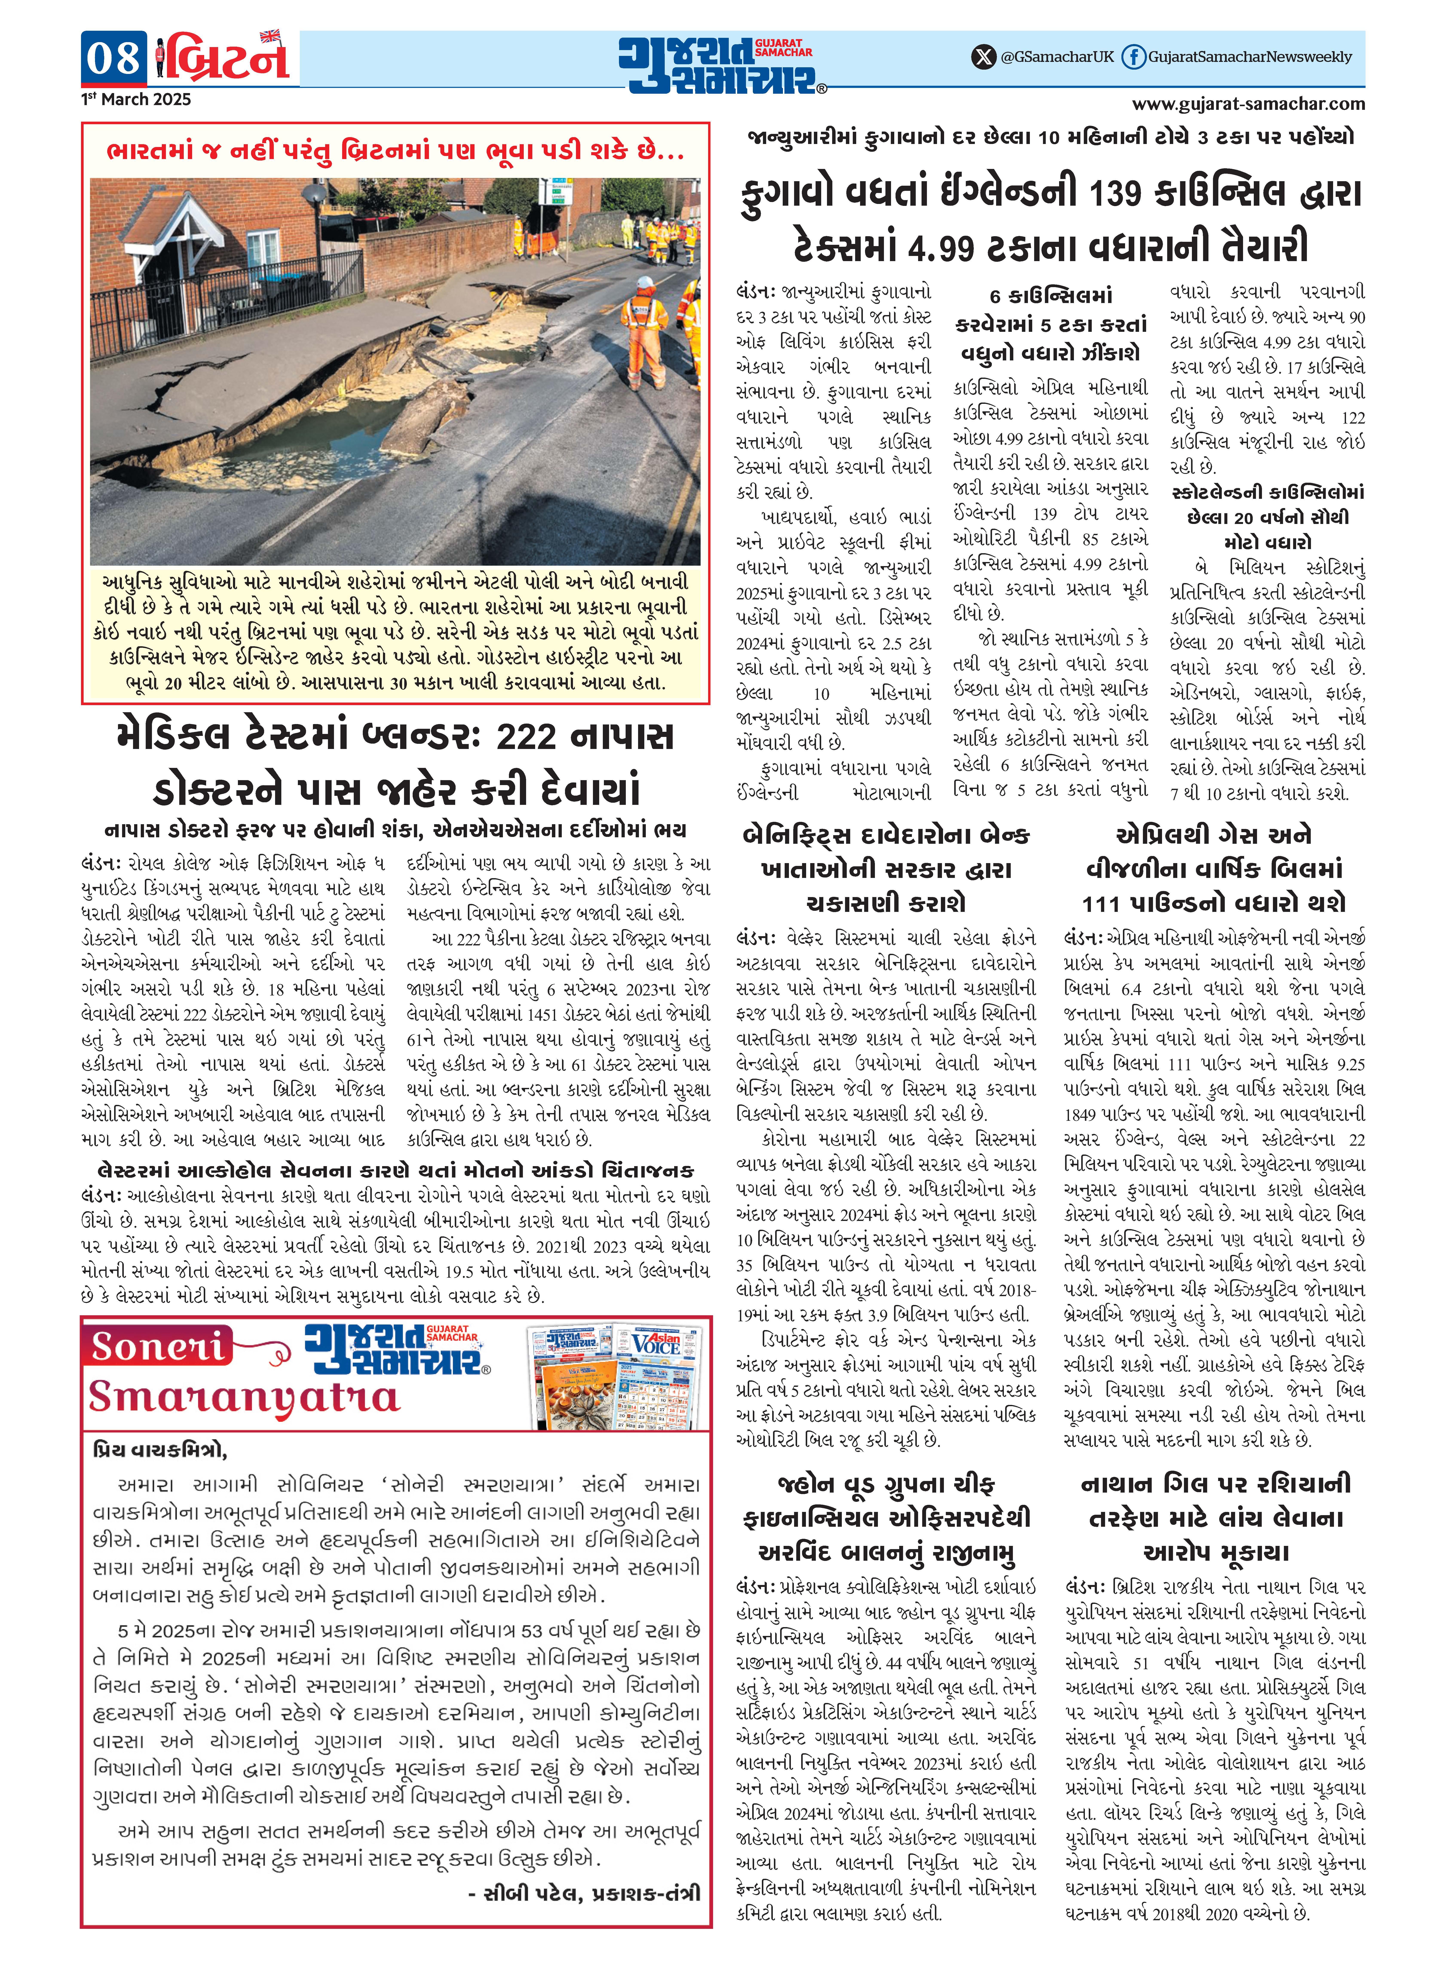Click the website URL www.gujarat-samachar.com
pos(1248,104)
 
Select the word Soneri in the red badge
pos(158,1347)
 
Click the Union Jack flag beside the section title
pos(270,37)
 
